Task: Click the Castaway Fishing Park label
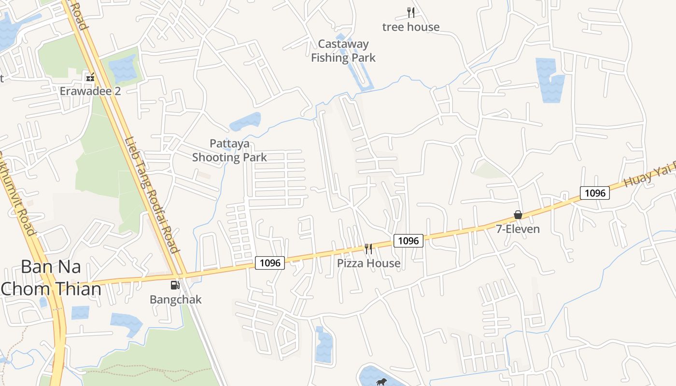343,51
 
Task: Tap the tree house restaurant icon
411,13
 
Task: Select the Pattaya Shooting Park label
229,151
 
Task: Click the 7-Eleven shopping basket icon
518,215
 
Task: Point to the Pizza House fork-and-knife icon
368,249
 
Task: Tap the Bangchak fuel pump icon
175,285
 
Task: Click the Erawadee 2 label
90,91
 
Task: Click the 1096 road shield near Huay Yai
595,193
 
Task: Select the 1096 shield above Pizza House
408,240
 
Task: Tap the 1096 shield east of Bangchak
270,262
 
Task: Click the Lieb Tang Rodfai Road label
152,195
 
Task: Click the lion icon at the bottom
381,382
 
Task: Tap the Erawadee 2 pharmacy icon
90,77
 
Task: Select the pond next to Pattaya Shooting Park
245,122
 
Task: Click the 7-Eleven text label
518,229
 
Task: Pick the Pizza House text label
368,263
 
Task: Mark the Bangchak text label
175,299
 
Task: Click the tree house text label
411,27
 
